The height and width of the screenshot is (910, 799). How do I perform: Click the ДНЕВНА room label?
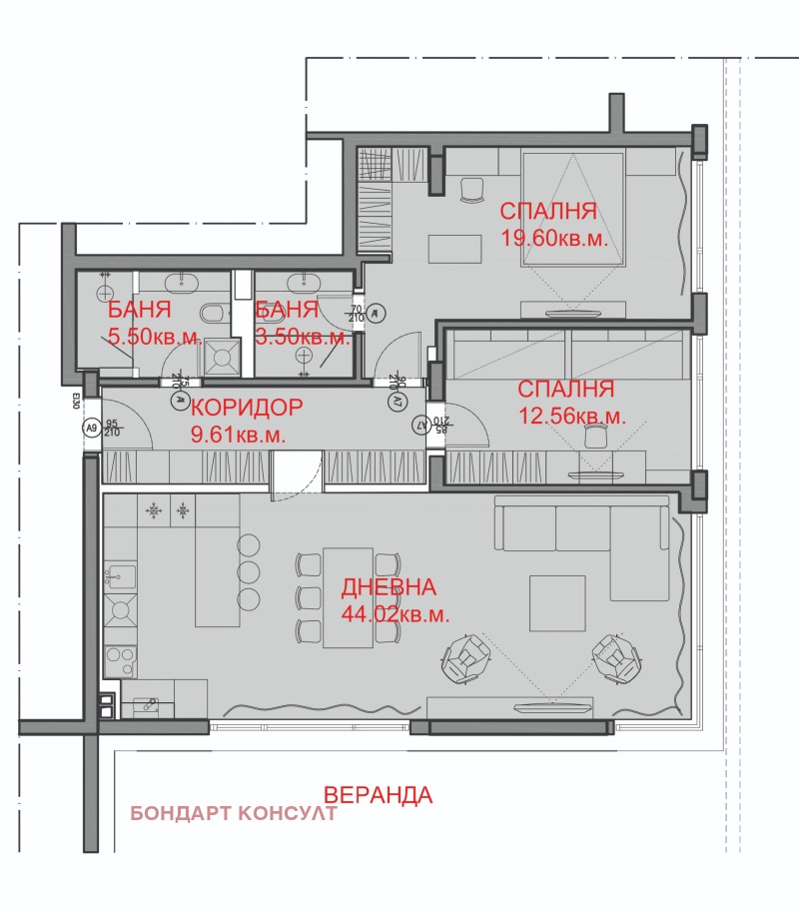point(389,587)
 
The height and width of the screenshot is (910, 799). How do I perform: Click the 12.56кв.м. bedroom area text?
point(572,416)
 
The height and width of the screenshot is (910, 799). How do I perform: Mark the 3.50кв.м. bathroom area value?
point(302,337)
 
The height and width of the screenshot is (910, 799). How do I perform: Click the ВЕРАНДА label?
point(380,795)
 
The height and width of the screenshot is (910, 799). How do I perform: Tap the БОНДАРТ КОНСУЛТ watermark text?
point(233,813)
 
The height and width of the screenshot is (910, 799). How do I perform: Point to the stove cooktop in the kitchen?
point(122,609)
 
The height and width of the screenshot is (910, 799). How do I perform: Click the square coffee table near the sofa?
point(557,602)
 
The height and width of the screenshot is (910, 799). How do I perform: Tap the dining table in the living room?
point(348,596)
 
